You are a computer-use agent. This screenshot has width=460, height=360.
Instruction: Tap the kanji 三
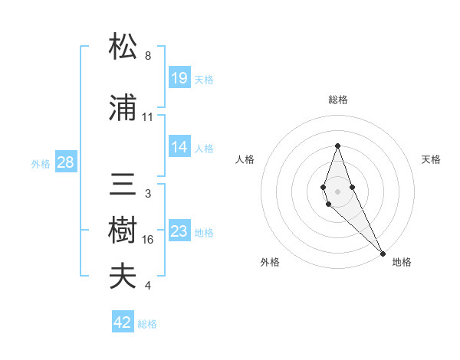(123, 185)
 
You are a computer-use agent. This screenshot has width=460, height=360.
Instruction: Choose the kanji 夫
(123, 277)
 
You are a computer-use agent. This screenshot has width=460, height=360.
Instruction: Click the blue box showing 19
(179, 78)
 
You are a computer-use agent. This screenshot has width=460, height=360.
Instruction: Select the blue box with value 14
(179, 147)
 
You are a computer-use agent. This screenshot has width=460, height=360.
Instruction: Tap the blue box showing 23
(179, 231)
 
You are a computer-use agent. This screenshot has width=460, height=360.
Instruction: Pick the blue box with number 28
(65, 162)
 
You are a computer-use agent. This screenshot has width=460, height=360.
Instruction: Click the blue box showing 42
(123, 322)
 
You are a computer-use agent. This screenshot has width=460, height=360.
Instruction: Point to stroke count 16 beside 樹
(148, 240)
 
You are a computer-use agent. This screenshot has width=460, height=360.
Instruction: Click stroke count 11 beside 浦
(148, 117)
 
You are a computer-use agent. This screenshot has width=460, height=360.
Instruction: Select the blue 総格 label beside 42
(147, 324)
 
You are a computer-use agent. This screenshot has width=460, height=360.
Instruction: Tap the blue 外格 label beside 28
(41, 164)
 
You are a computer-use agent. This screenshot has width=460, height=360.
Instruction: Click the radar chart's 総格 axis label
(337, 100)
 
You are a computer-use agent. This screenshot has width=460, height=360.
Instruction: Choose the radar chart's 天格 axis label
(431, 159)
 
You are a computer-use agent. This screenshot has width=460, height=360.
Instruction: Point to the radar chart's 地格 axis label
(402, 262)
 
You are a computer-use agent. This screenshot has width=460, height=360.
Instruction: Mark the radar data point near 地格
(383, 252)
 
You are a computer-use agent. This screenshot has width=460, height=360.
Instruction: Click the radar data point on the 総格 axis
(337, 146)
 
